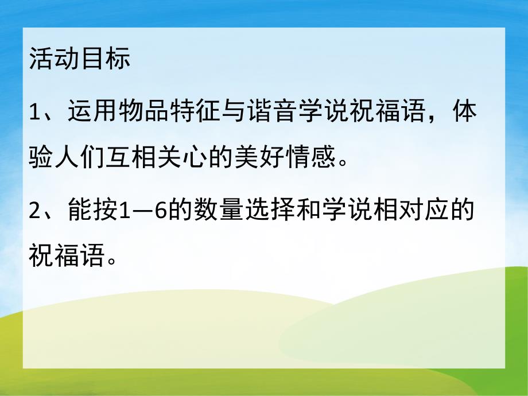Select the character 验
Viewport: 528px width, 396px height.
[41, 156]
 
